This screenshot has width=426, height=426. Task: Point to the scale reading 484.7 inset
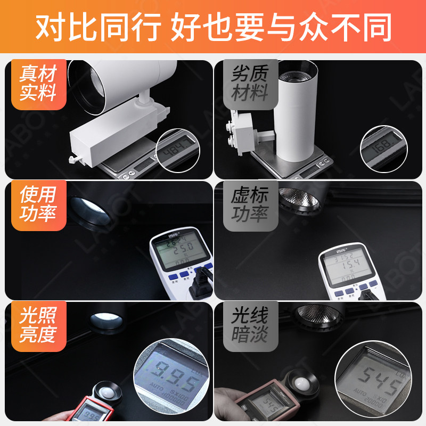tap(178, 150)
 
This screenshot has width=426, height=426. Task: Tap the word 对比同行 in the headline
tap(99, 27)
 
